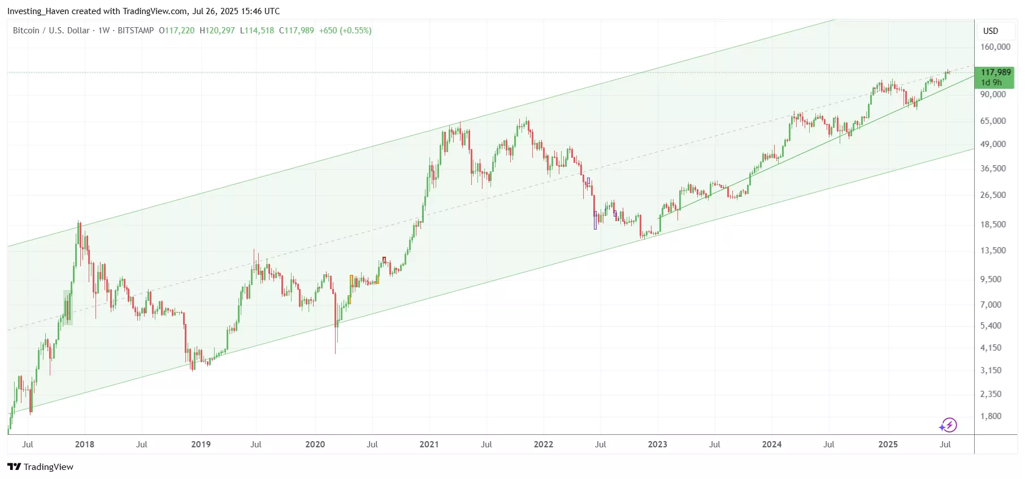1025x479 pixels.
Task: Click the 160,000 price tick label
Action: [995, 47]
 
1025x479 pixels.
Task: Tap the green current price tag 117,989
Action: [995, 72]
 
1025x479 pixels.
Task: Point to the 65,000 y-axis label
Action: [993, 121]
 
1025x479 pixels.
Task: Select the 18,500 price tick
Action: [993, 225]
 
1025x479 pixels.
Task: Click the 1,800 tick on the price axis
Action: [991, 416]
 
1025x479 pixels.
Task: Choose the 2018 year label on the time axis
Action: [85, 445]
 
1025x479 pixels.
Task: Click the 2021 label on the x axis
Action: [429, 445]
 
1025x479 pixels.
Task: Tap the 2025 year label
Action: [888, 445]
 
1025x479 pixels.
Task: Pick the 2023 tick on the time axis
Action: [657, 445]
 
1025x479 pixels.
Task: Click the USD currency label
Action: [991, 31]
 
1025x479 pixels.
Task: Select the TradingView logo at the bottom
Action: [41, 467]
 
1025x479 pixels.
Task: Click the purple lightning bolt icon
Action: [948, 425]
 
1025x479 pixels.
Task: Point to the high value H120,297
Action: [217, 31]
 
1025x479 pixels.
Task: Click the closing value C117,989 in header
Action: [296, 31]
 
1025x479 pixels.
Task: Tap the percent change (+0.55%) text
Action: [355, 31]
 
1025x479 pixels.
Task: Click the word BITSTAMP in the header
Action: [136, 31]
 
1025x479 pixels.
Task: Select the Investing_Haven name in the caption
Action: [38, 11]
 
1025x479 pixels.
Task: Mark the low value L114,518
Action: [257, 31]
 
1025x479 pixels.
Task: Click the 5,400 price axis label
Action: [991, 326]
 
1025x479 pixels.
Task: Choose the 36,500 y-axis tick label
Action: [993, 169]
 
